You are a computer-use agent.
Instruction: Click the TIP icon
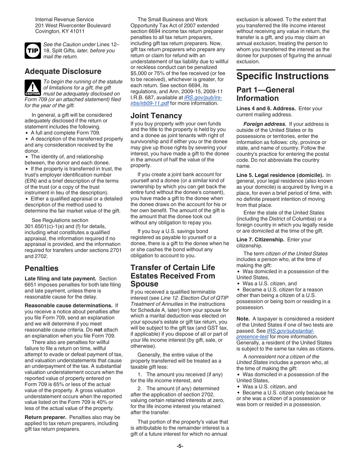tap(33, 50)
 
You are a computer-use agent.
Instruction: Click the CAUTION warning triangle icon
tap(33, 88)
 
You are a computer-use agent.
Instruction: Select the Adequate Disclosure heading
tap(63, 71)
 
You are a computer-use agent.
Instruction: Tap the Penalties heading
tap(42, 268)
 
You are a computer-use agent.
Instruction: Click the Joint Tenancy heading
tap(156, 116)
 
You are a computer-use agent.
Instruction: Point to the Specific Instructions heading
tap(282, 76)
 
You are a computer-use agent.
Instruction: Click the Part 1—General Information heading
tap(265, 94)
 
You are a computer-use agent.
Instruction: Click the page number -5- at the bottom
tap(180, 446)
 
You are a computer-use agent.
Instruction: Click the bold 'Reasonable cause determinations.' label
tap(69, 305)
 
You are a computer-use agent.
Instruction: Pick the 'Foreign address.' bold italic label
tap(265, 124)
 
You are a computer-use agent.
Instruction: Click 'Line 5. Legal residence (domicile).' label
tap(280, 175)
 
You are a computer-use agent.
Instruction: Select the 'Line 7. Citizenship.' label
tap(260, 239)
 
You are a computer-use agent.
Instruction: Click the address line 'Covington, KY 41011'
tap(60, 31)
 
